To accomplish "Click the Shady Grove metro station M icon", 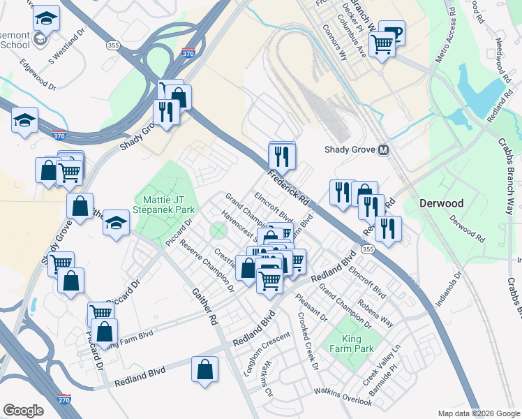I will coord(383,150).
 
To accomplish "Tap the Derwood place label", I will coord(441,203).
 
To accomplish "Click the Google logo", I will coord(24,411).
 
